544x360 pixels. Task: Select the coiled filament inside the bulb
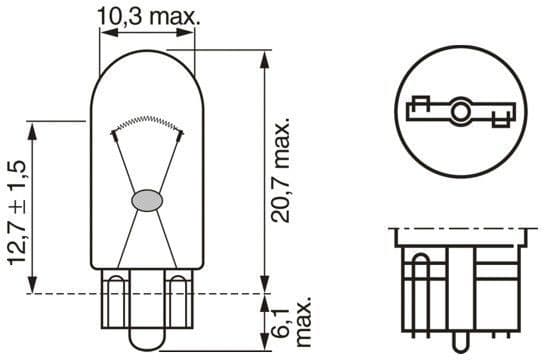(x=147, y=122)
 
